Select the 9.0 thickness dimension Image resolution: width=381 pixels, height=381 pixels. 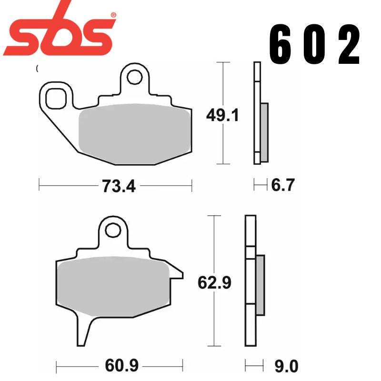pyautogui.click(x=285, y=367)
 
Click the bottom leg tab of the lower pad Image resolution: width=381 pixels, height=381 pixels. pyautogui.click(x=85, y=331)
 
